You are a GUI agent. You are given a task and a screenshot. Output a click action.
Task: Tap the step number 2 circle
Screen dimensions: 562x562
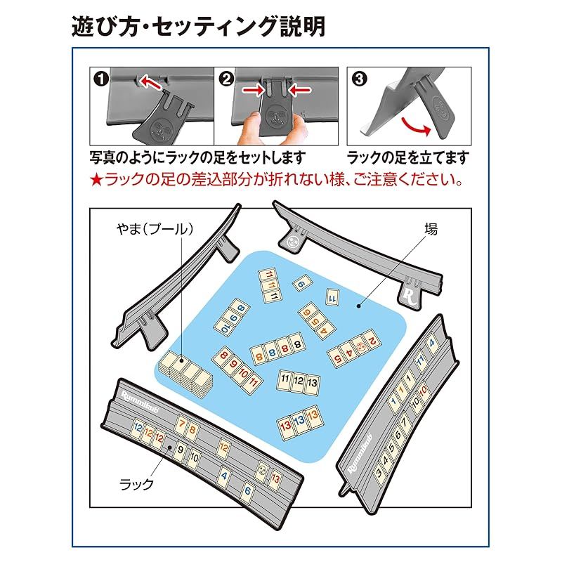[226, 79]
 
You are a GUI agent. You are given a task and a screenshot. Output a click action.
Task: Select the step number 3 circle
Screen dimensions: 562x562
[360, 79]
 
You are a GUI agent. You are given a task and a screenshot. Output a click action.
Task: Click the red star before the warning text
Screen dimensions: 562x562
[97, 180]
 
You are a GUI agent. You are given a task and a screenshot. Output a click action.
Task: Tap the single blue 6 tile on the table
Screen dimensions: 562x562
[301, 284]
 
